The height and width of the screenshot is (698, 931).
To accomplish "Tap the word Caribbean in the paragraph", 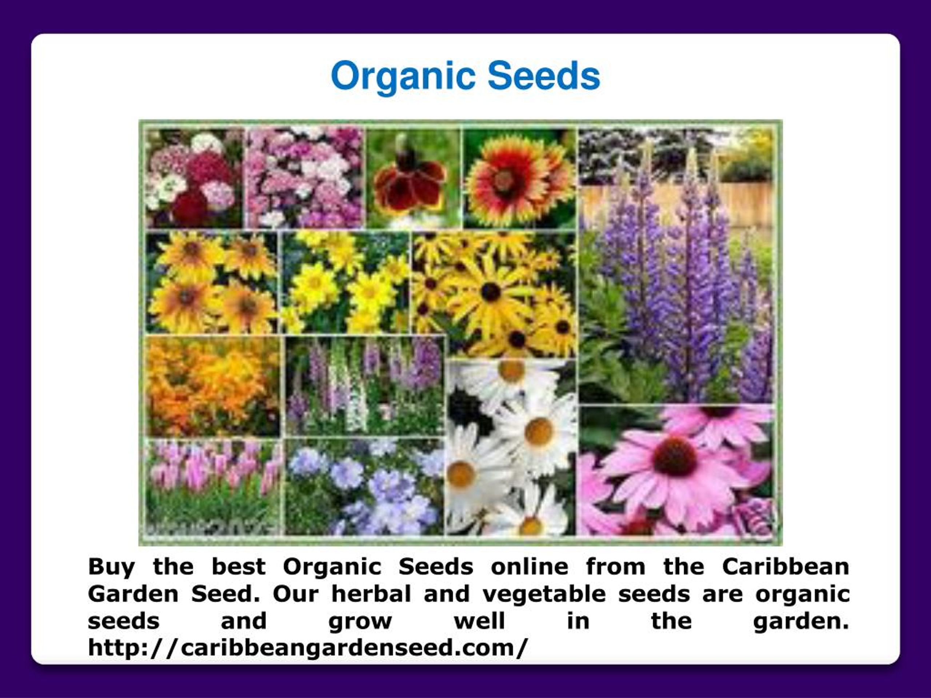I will (786, 567).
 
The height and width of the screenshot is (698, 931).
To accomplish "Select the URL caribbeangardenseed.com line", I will (307, 647).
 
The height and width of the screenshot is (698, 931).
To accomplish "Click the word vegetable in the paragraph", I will (544, 594).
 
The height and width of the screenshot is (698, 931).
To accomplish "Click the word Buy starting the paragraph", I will (111, 567).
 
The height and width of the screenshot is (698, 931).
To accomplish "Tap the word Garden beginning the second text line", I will (133, 594).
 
